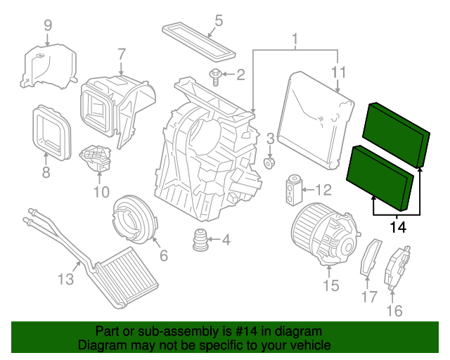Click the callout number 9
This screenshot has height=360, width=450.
click(48, 25)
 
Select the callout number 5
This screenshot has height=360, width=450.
click(219, 20)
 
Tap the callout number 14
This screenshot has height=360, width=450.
click(398, 227)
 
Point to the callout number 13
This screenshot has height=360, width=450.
click(65, 280)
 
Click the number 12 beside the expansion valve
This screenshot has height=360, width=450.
click(323, 190)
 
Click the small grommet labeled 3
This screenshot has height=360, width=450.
click(269, 163)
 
